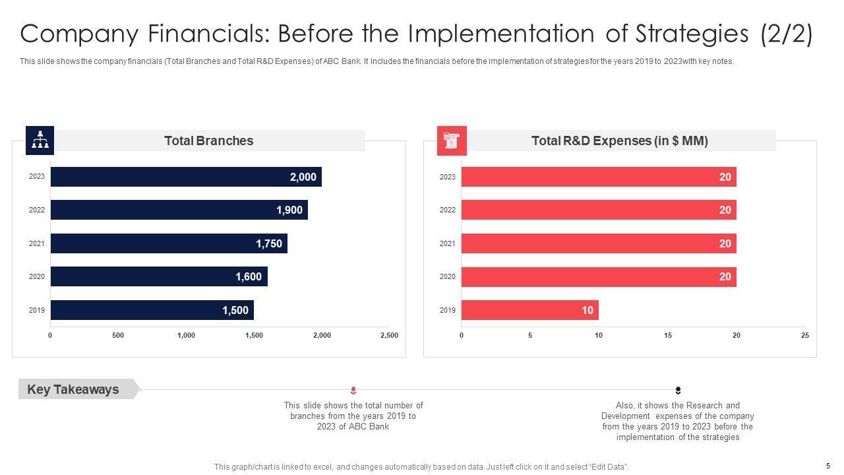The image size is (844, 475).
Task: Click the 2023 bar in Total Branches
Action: (x=186, y=177)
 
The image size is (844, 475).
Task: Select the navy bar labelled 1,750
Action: (x=169, y=243)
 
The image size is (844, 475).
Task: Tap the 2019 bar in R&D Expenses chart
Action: (x=529, y=310)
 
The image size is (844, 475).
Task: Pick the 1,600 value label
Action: (x=249, y=277)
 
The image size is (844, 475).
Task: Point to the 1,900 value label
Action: (x=289, y=210)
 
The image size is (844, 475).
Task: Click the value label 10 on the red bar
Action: (x=588, y=310)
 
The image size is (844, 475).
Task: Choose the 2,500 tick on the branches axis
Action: (x=389, y=336)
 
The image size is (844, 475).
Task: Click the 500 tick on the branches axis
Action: (x=118, y=336)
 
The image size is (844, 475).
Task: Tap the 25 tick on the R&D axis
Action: (x=805, y=336)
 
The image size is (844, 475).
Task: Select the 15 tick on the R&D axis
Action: (x=668, y=336)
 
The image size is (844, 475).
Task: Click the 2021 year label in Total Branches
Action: (x=37, y=244)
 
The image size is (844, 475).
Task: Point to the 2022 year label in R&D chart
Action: (x=448, y=210)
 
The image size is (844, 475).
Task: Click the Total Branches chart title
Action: (x=208, y=141)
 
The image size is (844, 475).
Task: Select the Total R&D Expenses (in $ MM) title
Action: (x=620, y=141)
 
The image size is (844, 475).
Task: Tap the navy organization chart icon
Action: (x=40, y=140)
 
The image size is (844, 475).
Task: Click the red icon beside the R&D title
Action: (x=452, y=141)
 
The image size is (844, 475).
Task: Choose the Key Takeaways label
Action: (x=73, y=389)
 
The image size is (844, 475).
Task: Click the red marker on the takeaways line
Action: (x=353, y=391)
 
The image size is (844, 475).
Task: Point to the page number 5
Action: (x=828, y=466)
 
